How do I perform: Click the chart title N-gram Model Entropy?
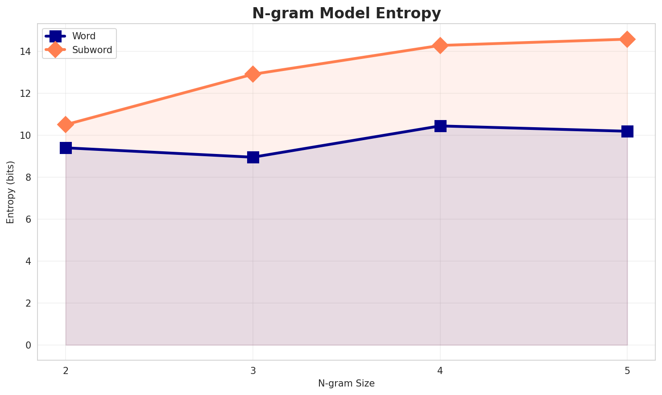346,13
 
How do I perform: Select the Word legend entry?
84,36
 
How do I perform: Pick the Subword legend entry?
92,50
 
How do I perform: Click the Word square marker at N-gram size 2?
66,148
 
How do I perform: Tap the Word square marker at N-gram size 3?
253,157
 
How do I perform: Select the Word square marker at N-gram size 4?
440,126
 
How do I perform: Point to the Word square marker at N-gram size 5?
627,131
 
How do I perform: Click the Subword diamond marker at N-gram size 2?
66,125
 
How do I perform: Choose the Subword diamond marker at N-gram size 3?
253,74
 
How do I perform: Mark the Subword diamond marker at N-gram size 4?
440,46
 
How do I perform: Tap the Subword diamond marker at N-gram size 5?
627,39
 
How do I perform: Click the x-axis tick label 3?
253,370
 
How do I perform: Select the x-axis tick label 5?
627,370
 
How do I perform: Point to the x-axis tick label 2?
66,370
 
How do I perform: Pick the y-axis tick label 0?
28,345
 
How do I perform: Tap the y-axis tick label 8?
28,178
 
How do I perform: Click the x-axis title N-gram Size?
346,383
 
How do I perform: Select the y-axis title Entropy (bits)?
10,192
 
